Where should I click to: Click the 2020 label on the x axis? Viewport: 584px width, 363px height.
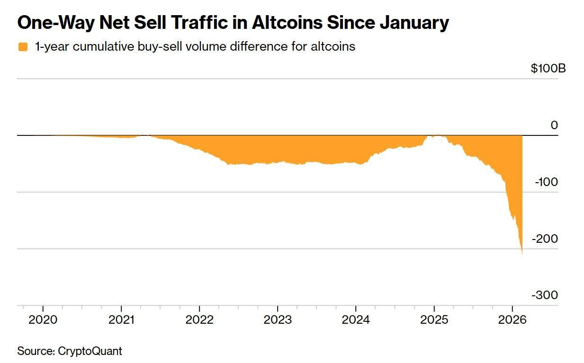click(43, 319)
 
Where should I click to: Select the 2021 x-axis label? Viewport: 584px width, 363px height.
click(121, 319)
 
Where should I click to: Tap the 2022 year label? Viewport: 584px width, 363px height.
click(199, 319)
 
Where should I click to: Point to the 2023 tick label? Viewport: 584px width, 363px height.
click(278, 319)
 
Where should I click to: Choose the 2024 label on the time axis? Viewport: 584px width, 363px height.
click(356, 319)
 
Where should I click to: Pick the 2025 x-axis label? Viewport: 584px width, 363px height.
click(434, 319)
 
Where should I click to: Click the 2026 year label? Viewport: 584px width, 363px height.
click(512, 319)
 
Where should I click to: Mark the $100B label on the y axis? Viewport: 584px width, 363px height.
click(548, 69)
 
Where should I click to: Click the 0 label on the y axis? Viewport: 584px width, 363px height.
click(554, 125)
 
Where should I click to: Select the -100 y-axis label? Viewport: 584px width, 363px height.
click(547, 182)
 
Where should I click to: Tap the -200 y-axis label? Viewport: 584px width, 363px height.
click(545, 239)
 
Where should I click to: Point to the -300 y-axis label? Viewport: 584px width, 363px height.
click(545, 295)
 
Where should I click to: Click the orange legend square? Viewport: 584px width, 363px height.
click(23, 47)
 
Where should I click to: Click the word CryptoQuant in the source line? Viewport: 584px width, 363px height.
click(90, 351)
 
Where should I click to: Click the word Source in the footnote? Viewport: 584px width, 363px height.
click(35, 351)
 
